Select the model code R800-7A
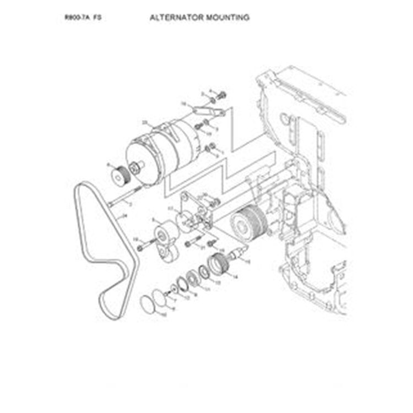77,18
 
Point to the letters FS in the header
97,18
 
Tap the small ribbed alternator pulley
118,176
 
